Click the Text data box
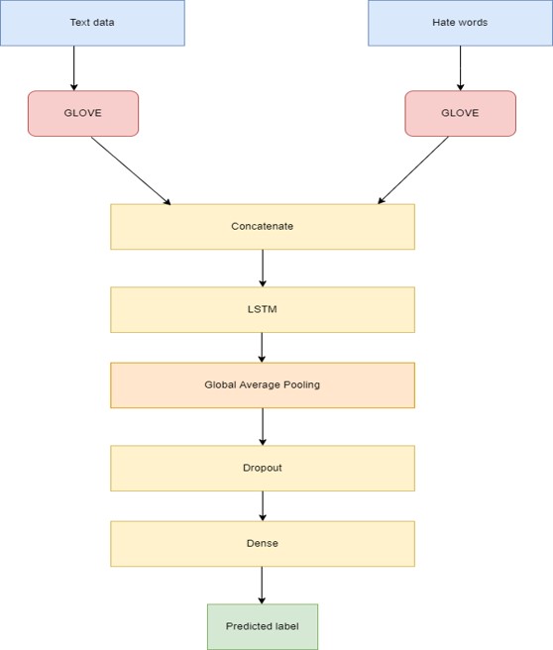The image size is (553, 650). [x=92, y=23]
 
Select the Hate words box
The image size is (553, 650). [x=460, y=23]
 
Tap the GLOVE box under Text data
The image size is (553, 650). [x=83, y=113]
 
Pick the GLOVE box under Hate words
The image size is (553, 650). [x=460, y=113]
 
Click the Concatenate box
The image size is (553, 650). [x=262, y=227]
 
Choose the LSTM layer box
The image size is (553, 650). [x=262, y=309]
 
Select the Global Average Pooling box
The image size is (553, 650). [x=262, y=384]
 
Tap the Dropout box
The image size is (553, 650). [x=262, y=468]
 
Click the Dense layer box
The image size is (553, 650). [x=262, y=543]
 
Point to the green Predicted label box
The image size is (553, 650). [x=262, y=626]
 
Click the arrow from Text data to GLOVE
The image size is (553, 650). [x=74, y=68]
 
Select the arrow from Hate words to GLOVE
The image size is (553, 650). [x=460, y=68]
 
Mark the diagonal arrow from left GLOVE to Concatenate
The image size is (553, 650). [x=131, y=170]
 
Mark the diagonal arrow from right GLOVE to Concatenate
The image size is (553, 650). [x=413, y=170]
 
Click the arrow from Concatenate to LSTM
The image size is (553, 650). [x=262, y=268]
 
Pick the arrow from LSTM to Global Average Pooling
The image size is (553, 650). [x=262, y=347]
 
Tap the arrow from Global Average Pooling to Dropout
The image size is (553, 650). [x=262, y=426]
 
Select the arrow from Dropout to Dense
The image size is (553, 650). [x=262, y=505]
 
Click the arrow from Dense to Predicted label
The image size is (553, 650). [x=262, y=585]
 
